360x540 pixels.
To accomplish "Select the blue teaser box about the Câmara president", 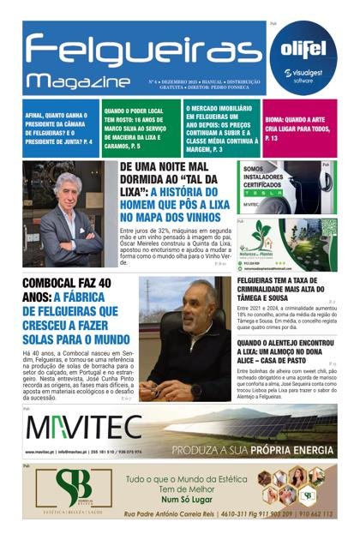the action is click(x=60, y=123).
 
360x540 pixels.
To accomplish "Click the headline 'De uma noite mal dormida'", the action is click(x=175, y=192).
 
